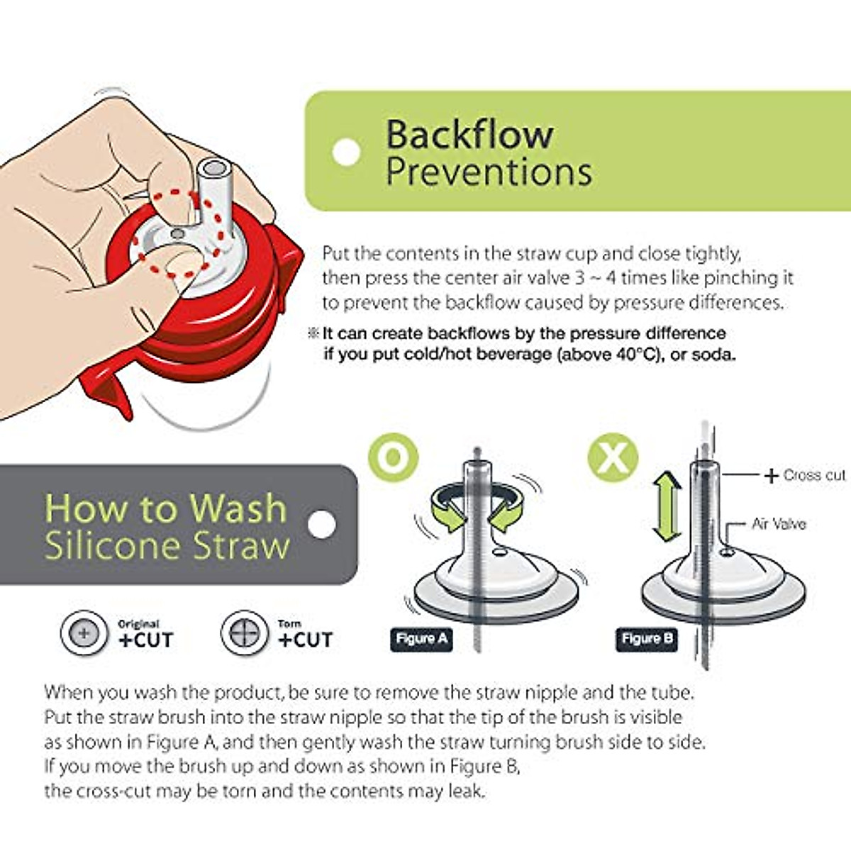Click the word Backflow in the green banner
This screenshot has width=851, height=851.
469,134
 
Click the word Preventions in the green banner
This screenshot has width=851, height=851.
489,172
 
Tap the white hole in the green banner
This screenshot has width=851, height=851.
346,152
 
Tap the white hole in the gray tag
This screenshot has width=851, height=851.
321,525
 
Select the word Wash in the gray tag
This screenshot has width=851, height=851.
238,508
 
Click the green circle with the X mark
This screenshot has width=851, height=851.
613,458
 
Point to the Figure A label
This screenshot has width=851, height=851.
421,639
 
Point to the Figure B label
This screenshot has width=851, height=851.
647,639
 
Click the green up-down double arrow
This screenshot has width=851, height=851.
666,508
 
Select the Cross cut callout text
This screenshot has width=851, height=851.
814,475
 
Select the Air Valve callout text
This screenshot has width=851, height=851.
778,524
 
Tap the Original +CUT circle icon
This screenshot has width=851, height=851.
84,633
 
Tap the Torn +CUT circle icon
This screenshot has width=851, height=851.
244,633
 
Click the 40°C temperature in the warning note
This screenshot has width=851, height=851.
632,354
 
